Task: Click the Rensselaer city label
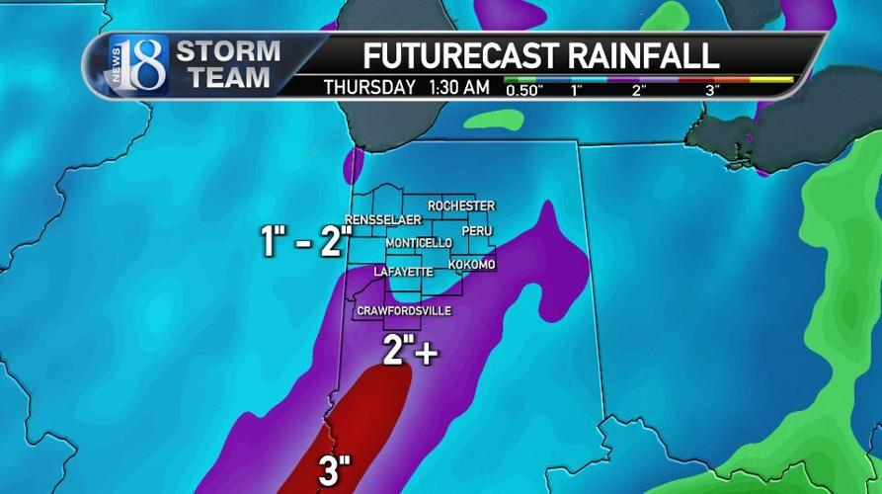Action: pos(383,218)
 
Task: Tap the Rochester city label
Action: pos(460,205)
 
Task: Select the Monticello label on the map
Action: pos(419,243)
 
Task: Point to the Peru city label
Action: pos(476,230)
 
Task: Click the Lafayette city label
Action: pos(403,271)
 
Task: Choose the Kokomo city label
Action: pos(471,265)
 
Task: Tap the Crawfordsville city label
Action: pos(404,310)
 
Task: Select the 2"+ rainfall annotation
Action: pos(410,350)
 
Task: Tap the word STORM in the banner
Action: pos(227,50)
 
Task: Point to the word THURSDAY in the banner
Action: pos(369,87)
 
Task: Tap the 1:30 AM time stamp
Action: pos(459,87)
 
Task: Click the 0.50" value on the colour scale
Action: pos(526,90)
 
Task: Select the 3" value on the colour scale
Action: pos(712,90)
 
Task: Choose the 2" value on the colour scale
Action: pos(639,90)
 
